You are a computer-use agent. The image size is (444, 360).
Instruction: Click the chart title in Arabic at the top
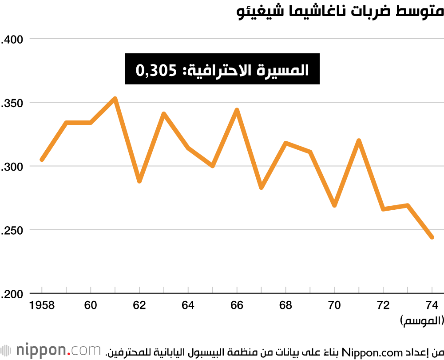coord(340,11)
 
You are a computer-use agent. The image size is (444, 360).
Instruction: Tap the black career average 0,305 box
coord(222,69)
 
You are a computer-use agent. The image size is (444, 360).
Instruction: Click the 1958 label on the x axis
coord(42,306)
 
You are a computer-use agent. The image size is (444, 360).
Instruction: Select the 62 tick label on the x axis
coord(139,306)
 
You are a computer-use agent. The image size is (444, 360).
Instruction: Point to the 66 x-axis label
coord(237,306)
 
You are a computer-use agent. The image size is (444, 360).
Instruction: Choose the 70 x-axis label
coord(334,306)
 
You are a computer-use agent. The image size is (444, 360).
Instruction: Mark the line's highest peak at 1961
coord(115,99)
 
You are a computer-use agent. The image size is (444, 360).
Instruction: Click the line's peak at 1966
coord(237,110)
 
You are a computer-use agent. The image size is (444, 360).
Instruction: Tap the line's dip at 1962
coord(139,181)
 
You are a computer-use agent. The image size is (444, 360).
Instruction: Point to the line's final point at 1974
coord(432,237)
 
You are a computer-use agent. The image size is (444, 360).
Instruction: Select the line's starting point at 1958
coord(42,160)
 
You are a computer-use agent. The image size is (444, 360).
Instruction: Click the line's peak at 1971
coord(359,140)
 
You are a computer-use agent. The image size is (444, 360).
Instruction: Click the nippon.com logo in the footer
coord(51,351)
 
